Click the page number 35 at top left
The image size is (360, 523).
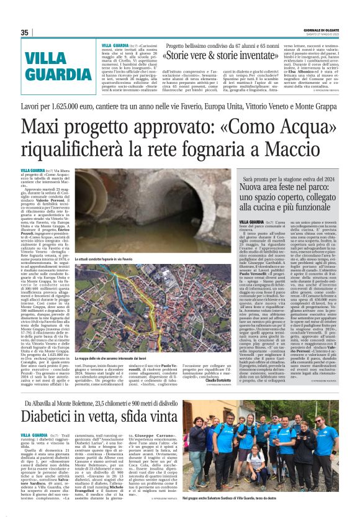[25, 33]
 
